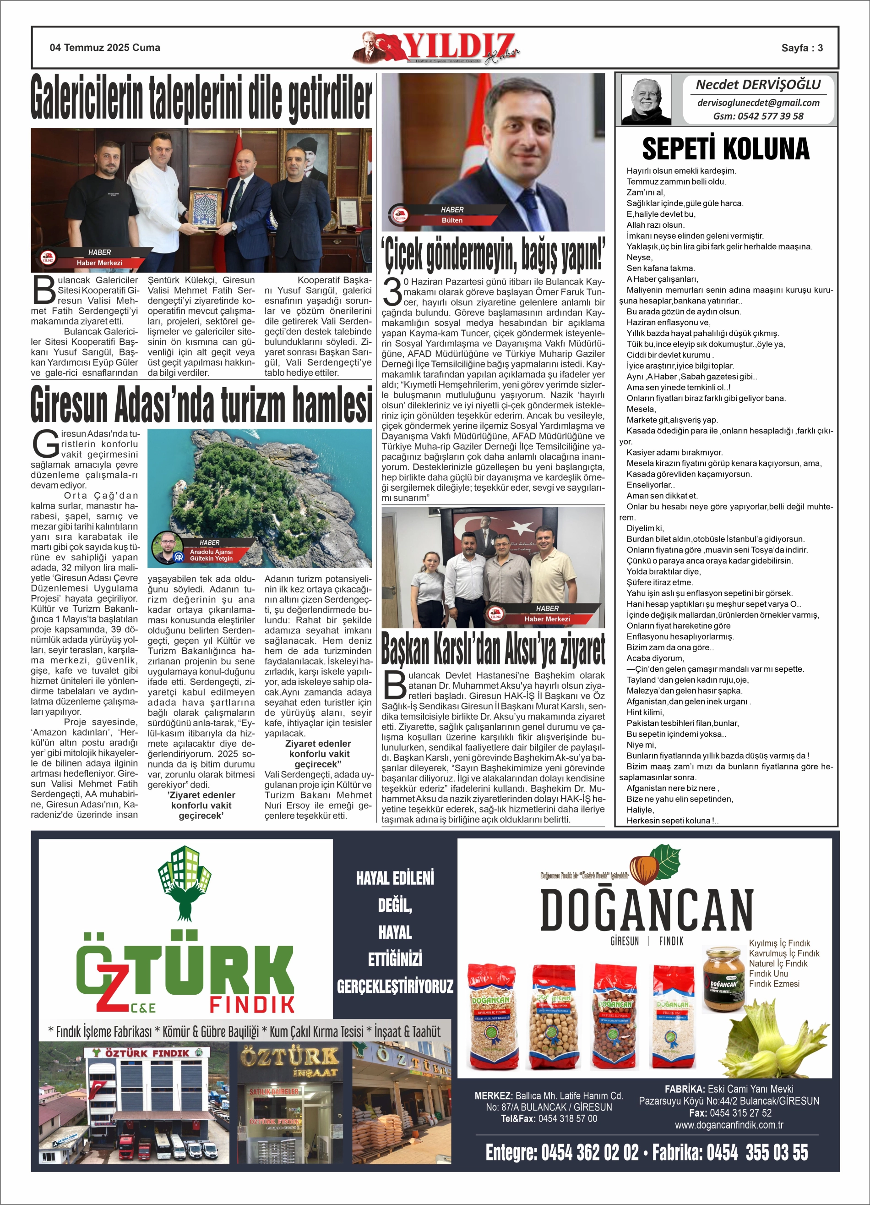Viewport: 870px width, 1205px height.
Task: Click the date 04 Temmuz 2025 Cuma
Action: (105, 48)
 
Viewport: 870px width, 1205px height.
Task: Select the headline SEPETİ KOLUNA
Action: (725, 149)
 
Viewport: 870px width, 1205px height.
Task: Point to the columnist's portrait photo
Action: (646, 99)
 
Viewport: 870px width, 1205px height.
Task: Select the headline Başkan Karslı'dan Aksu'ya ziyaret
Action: (493, 650)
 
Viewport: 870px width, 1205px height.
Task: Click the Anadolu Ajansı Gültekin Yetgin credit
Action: (211, 555)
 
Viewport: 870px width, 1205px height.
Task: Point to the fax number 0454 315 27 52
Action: (740, 1112)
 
